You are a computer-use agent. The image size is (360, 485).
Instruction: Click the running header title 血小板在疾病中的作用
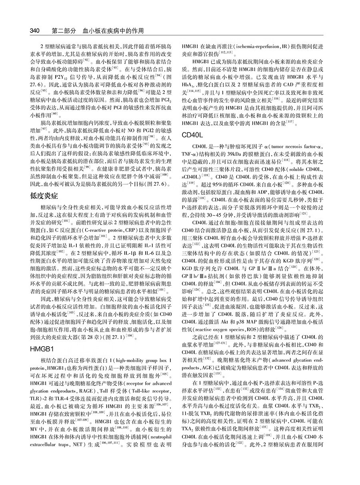coord(113,30)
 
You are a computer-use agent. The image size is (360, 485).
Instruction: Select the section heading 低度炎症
coord(44,196)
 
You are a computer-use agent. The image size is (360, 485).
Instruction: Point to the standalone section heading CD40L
coord(193,146)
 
